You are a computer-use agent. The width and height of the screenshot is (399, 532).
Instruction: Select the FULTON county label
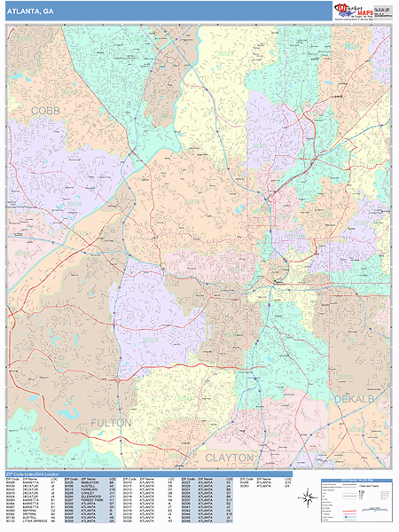(111, 423)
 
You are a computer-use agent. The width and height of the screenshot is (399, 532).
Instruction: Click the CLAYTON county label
(230, 457)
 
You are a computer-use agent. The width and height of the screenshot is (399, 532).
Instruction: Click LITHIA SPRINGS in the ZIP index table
(23, 521)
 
